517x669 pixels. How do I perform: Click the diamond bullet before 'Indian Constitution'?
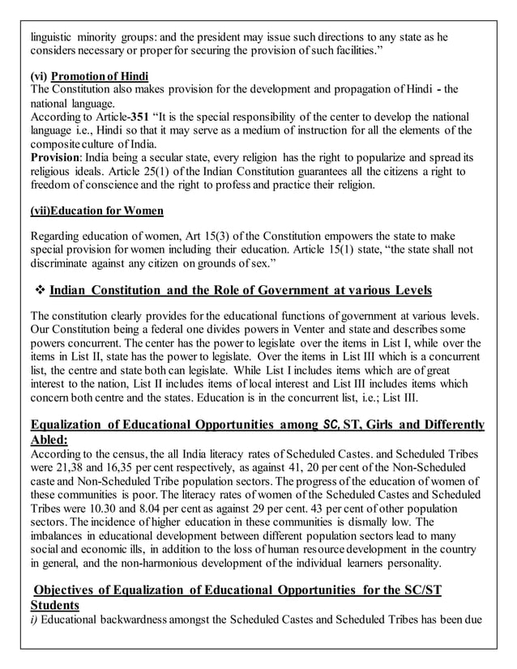click(x=37, y=290)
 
